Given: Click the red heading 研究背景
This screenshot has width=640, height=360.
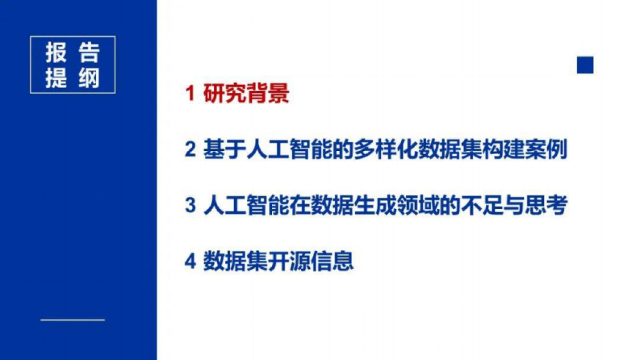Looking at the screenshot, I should (x=246, y=94).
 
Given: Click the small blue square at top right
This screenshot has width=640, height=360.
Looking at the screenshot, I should (x=585, y=65).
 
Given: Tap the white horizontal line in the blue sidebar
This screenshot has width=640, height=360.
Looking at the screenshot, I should (x=73, y=320).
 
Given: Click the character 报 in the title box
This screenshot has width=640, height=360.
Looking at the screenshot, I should (x=57, y=53).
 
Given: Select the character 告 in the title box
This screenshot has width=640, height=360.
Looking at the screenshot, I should (x=89, y=53).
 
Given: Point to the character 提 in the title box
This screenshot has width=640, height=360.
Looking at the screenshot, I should (x=57, y=78).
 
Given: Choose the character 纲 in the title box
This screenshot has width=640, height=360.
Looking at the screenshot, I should (x=89, y=78).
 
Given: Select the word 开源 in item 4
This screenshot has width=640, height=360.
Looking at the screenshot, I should (x=289, y=262).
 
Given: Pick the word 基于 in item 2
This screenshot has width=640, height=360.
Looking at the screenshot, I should (x=225, y=150).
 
